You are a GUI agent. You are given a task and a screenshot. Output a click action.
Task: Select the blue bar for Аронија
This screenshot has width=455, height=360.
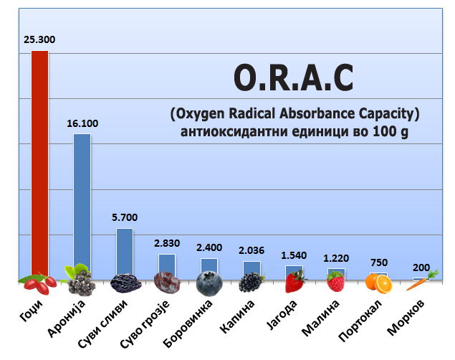point(82,203)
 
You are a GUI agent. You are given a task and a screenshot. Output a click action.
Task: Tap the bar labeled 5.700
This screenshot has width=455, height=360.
point(125,252)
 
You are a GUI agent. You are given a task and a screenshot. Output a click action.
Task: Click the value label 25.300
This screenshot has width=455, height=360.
point(39,39)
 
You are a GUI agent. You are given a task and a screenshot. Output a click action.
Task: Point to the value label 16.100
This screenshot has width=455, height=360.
point(82,123)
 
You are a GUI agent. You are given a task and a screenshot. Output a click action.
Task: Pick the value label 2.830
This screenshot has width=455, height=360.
point(167,243)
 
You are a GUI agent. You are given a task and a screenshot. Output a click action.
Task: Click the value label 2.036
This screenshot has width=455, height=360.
point(252,250)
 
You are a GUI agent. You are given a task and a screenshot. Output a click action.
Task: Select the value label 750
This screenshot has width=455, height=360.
point(379,262)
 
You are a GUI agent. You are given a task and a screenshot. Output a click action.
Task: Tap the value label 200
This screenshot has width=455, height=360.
point(421,267)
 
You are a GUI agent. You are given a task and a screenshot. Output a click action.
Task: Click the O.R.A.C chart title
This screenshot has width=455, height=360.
point(294,77)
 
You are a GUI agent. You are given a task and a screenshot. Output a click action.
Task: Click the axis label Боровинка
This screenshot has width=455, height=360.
point(188,323)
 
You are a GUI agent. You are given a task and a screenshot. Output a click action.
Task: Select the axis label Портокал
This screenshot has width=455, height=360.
point(360,321)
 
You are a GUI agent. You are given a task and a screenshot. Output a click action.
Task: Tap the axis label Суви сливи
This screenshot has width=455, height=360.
point(102,323)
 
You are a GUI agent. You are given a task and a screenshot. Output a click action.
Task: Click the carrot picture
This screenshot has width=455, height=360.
point(422,280)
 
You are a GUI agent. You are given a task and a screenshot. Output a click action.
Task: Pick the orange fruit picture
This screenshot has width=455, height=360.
point(378,283)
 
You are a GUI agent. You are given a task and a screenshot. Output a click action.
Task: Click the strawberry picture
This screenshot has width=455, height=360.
point(295,281)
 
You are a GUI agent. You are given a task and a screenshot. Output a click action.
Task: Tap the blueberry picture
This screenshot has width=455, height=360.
point(209,283)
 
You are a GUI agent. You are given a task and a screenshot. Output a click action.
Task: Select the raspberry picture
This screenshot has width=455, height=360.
point(336,280)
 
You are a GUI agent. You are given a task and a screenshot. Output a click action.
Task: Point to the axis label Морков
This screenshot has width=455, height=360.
point(406,317)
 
